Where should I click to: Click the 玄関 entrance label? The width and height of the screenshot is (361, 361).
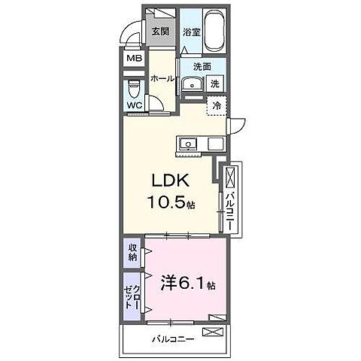(159, 32)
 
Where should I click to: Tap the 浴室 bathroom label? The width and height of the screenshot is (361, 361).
(192, 32)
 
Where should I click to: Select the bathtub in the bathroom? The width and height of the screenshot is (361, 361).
(218, 30)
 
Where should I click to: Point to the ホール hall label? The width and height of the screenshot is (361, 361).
(162, 78)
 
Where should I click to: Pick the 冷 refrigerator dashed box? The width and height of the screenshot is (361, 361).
(217, 108)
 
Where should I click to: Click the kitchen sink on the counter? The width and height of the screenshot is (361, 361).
(187, 144)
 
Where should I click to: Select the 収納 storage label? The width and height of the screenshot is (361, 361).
(133, 253)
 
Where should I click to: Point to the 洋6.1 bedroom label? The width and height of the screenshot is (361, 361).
(185, 287)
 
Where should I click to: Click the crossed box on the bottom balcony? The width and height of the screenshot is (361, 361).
(214, 332)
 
